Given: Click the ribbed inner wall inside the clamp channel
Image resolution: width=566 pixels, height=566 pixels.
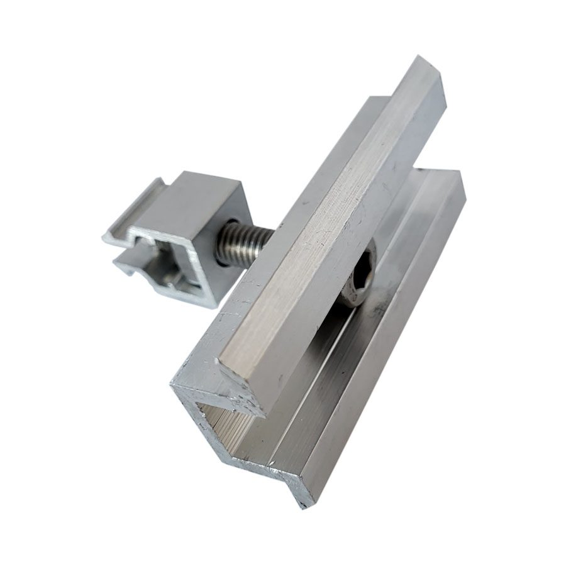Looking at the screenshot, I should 252,434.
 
